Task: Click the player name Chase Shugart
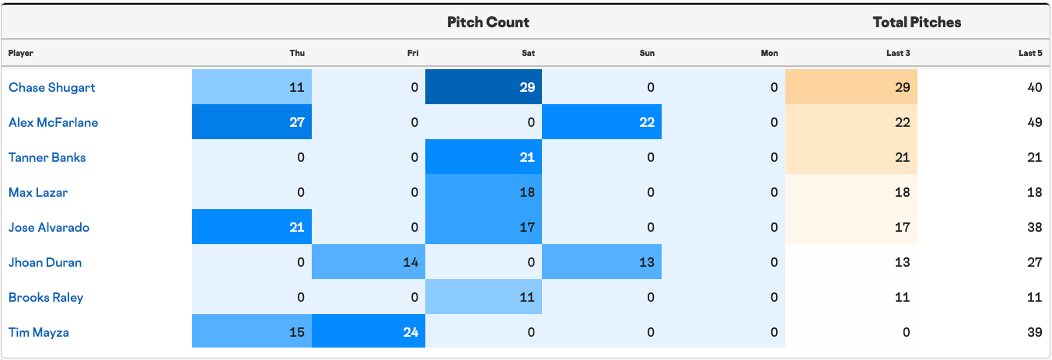(x=51, y=87)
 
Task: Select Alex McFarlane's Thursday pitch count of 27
(x=297, y=122)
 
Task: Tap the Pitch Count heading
(x=488, y=22)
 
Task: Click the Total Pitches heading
(x=917, y=22)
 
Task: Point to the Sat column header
(x=529, y=53)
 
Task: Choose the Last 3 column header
(x=898, y=53)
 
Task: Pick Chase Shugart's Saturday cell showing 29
(x=527, y=87)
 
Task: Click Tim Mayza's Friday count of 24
(x=411, y=332)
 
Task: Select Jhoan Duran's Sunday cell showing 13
(x=647, y=262)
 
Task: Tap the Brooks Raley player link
(x=46, y=298)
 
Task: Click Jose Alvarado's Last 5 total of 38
(x=1035, y=228)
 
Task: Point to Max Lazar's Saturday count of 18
(x=527, y=192)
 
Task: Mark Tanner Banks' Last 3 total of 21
(x=902, y=157)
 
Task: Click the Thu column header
(x=297, y=53)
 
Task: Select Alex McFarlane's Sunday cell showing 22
(x=647, y=122)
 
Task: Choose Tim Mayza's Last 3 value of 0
(x=906, y=332)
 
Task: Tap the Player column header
(x=21, y=53)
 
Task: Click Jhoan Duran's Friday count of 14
(x=411, y=262)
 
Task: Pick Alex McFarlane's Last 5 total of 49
(x=1035, y=122)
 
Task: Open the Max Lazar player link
(x=38, y=192)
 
